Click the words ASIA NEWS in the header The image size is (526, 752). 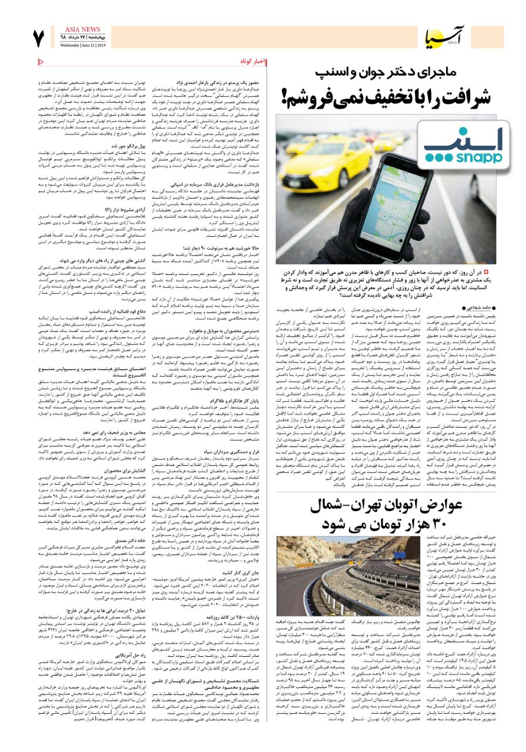[x=70, y=29]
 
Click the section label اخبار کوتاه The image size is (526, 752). [x=253, y=62]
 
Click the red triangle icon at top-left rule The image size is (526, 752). [x=41, y=62]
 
